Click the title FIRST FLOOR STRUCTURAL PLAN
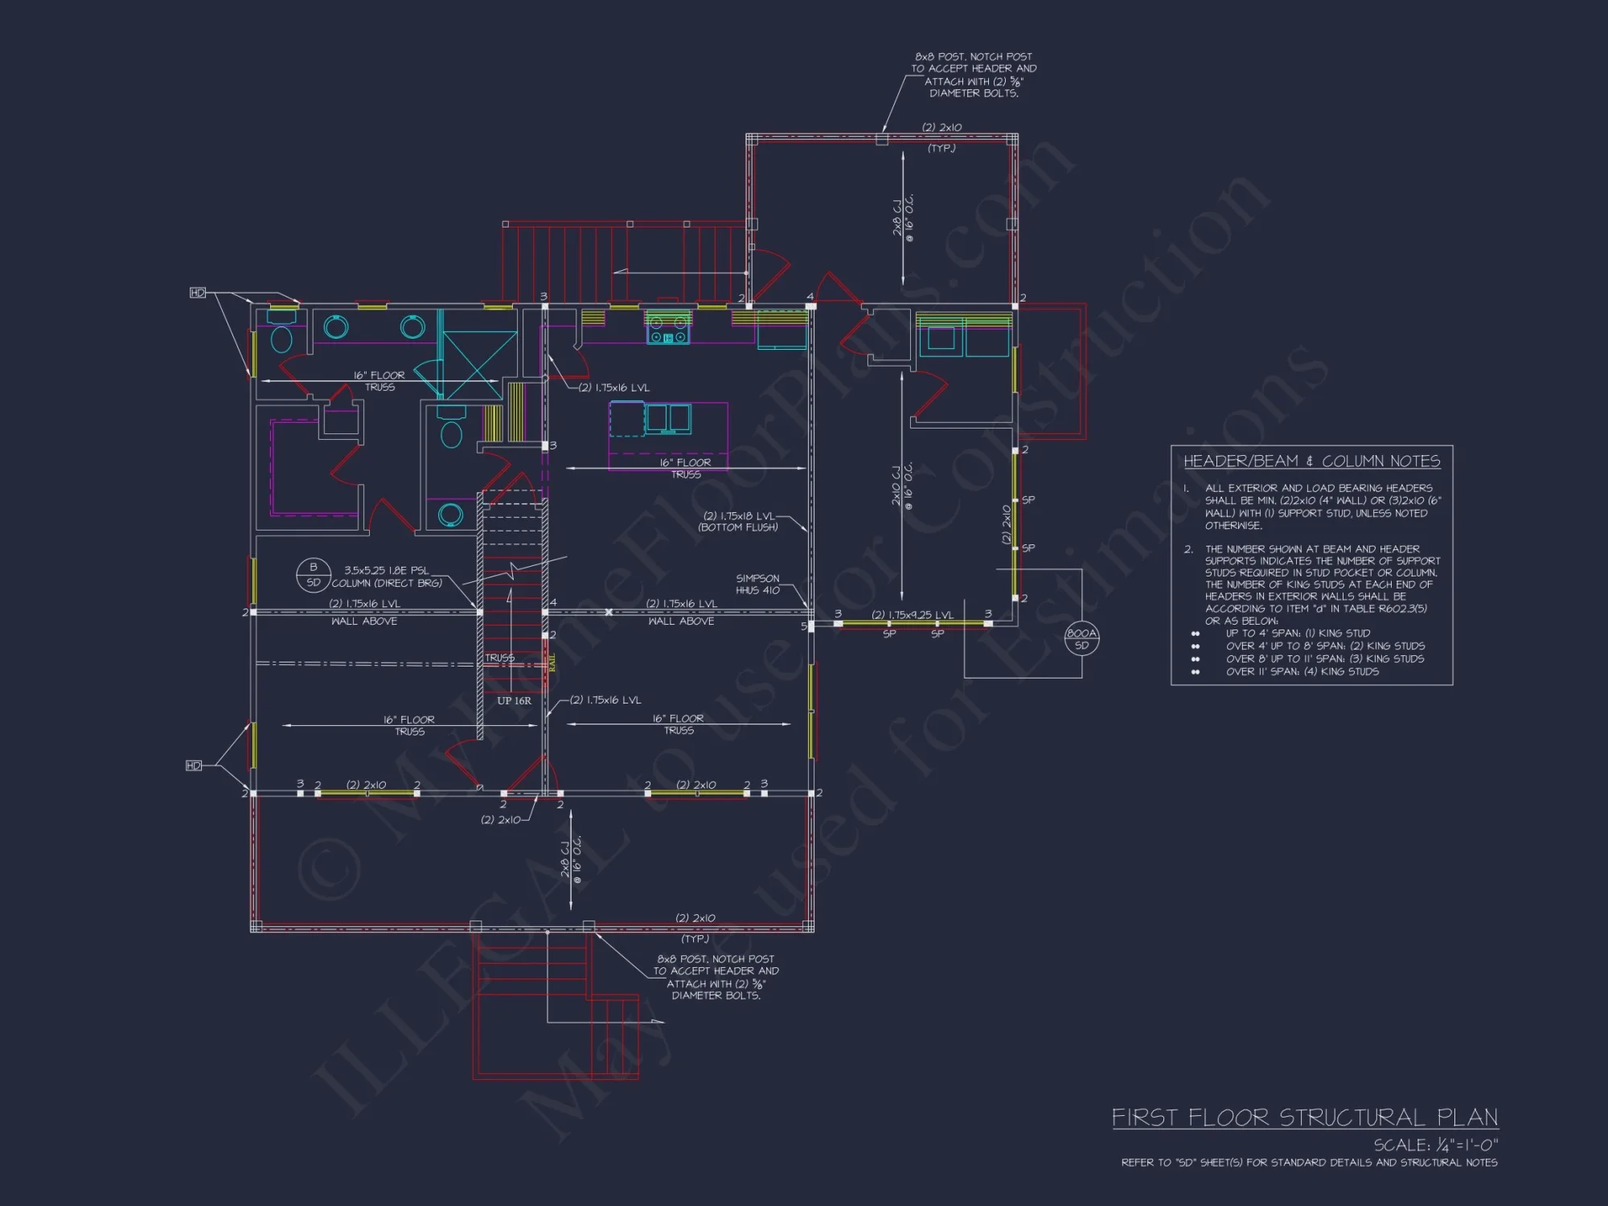pos(1304,1118)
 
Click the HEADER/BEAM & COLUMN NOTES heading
pos(1311,461)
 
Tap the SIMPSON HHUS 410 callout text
pos(757,585)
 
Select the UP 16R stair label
pos(514,701)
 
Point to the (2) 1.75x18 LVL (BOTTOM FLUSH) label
pos(739,522)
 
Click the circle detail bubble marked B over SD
pos(314,575)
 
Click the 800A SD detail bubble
pos(1081,639)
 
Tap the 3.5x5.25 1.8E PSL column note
pos(387,576)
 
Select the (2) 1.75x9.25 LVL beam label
pos(913,615)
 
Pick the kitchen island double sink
pos(668,418)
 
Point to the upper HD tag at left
pos(198,293)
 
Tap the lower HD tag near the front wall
pos(194,765)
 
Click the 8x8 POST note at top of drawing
pos(973,75)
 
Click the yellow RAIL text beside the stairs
pos(552,662)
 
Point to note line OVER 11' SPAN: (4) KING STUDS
pos(1302,671)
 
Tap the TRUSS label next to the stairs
pos(499,658)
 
